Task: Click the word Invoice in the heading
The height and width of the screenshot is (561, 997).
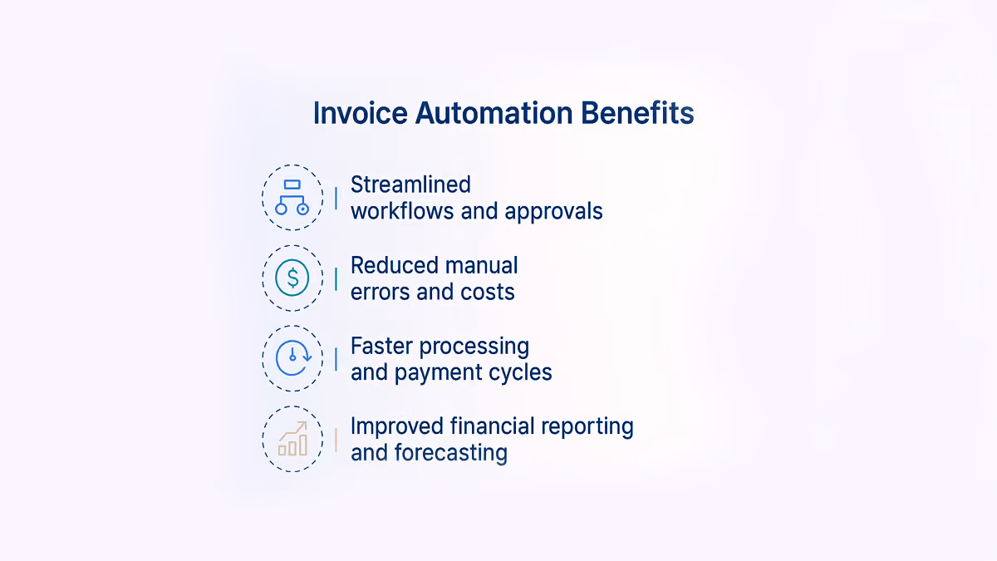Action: pyautogui.click(x=361, y=113)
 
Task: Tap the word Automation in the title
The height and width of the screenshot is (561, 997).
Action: pyautogui.click(x=494, y=113)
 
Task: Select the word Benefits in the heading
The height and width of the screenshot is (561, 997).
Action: pyautogui.click(x=637, y=113)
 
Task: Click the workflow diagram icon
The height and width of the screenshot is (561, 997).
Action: pyautogui.click(x=292, y=197)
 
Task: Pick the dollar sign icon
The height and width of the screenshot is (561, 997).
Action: pyautogui.click(x=292, y=278)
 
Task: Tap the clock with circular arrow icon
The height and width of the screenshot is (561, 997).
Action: pyautogui.click(x=293, y=358)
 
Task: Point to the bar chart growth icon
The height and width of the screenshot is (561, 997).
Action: pyautogui.click(x=292, y=439)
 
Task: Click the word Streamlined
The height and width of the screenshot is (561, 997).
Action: pyautogui.click(x=410, y=185)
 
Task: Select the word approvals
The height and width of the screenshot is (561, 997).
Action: pyautogui.click(x=553, y=212)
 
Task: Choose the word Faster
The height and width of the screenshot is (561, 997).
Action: pyautogui.click(x=381, y=346)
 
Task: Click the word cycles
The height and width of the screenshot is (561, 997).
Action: pyautogui.click(x=520, y=373)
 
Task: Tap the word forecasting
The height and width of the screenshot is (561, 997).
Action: pyautogui.click(x=451, y=453)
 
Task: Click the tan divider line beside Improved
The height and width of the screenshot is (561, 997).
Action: pyautogui.click(x=336, y=440)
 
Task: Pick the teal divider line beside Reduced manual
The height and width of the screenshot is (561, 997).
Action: pyautogui.click(x=336, y=279)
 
